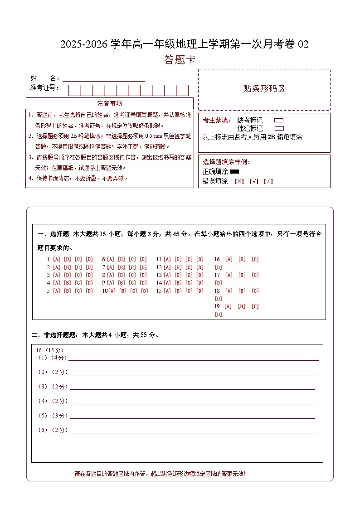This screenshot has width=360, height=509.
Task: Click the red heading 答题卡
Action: pyautogui.click(x=180, y=60)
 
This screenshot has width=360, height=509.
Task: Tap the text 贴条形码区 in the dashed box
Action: pyautogui.click(x=264, y=89)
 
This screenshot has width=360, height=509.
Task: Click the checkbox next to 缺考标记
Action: pyautogui.click(x=279, y=121)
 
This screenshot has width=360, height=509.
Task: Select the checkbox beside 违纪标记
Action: pyautogui.click(x=279, y=128)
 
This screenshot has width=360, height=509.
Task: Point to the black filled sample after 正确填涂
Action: pyautogui.click(x=234, y=172)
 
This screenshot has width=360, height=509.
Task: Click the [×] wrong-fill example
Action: pyautogui.click(x=239, y=181)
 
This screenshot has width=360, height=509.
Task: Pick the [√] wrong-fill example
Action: pyautogui.click(x=254, y=181)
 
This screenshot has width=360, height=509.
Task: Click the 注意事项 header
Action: pyautogui.click(x=110, y=103)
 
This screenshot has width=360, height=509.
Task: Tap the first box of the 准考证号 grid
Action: pyautogui.click(x=74, y=90)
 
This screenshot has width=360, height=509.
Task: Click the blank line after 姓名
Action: pyautogui.click(x=104, y=78)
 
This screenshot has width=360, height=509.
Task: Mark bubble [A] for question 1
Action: pyautogui.click(x=57, y=259)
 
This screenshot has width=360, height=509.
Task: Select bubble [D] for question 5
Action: pyautogui.click(x=89, y=291)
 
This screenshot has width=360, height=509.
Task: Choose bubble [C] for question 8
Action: pyautogui.click(x=132, y=275)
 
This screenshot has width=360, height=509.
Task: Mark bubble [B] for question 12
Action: pyautogui.click(x=178, y=267)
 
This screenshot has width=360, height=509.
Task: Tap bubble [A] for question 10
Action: pyautogui.click(x=112, y=291)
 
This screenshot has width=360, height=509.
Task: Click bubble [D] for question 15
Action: pyautogui.click(x=200, y=291)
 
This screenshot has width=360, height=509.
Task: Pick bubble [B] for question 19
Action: pyautogui.click(x=242, y=306)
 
